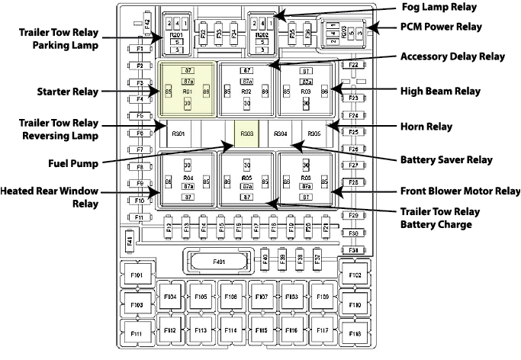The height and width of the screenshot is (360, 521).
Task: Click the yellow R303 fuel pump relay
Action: (247, 133)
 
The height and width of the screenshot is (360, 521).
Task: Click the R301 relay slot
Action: (178, 133)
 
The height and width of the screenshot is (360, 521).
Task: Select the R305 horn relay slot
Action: (315, 133)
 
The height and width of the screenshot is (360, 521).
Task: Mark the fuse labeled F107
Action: (261, 296)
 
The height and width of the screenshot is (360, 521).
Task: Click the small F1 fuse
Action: (140, 49)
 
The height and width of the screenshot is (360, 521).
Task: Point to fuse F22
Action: (354, 66)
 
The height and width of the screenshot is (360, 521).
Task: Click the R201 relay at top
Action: (176, 35)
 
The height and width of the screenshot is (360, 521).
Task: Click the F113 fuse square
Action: (201, 330)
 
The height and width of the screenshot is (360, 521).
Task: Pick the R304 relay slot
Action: (281, 133)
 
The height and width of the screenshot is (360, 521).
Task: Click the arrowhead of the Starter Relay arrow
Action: (156, 92)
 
